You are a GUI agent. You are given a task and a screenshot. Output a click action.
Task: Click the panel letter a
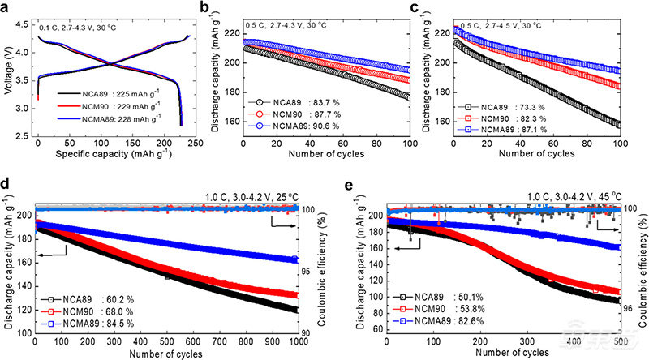point(7,8)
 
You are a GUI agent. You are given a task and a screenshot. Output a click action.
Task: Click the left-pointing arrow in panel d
point(54,232)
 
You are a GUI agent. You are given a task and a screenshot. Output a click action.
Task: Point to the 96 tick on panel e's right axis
point(628,308)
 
